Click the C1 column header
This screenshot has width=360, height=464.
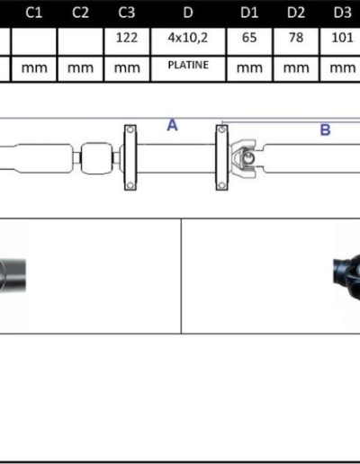[33, 13]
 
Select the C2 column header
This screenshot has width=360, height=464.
[80, 13]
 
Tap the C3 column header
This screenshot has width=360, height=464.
[127, 13]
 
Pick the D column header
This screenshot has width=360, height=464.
[188, 13]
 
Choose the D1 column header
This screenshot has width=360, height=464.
[249, 13]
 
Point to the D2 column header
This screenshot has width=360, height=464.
[296, 13]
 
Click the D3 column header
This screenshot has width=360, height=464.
[342, 13]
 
